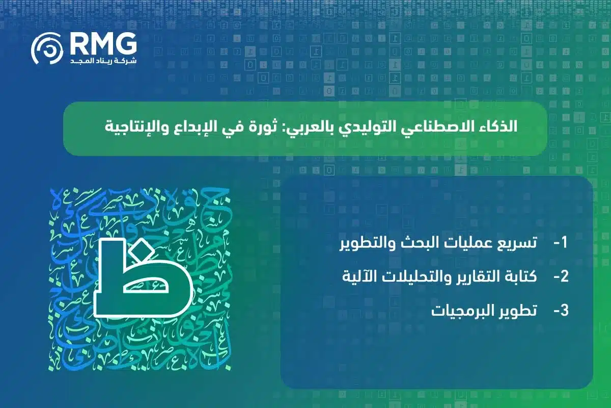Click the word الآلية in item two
360,277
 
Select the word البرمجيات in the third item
458,311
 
